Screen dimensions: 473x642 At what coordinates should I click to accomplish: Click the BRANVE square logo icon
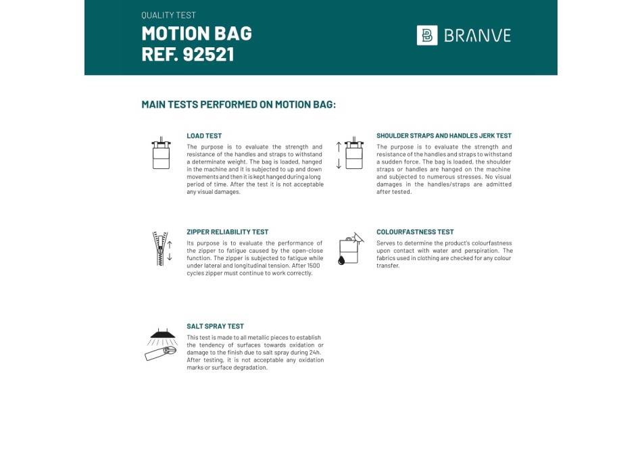[427, 35]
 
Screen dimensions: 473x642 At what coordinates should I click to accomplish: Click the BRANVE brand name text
[477, 36]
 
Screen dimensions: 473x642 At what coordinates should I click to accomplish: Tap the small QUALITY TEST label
[169, 15]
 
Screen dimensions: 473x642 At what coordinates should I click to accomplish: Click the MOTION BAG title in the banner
[197, 33]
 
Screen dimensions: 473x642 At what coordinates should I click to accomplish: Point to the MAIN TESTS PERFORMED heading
[239, 105]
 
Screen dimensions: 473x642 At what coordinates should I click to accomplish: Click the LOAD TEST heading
[204, 136]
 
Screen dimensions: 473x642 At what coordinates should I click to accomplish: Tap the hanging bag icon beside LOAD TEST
[161, 153]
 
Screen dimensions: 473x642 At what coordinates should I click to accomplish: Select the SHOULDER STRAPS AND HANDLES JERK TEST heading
[444, 136]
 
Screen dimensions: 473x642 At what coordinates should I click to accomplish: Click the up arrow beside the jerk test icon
[339, 146]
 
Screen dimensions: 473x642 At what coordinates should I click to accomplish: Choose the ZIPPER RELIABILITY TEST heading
[228, 232]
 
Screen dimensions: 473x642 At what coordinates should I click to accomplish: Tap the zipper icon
[160, 249]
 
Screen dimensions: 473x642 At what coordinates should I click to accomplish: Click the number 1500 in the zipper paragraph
[313, 266]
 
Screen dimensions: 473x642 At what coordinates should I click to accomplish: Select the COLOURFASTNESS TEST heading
[415, 232]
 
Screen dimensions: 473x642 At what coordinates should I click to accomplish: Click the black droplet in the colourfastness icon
[343, 259]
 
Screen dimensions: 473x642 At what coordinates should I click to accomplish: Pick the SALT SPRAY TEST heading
[216, 326]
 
